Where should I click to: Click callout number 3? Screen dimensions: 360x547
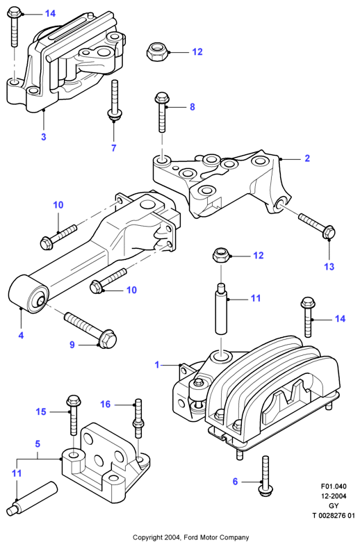pyautogui.click(x=44, y=137)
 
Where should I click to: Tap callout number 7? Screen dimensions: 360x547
pyautogui.click(x=114, y=148)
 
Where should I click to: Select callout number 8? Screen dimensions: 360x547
pyautogui.click(x=193, y=107)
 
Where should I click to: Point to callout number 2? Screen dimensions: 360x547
pyautogui.click(x=307, y=158)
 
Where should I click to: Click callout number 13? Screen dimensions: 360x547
pyautogui.click(x=329, y=266)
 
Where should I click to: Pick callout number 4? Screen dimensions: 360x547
pyautogui.click(x=21, y=335)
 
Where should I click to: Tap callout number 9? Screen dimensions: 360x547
pyautogui.click(x=72, y=345)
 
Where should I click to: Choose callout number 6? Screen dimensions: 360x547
pyautogui.click(x=235, y=482)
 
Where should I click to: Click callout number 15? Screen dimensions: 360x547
pyautogui.click(x=41, y=411)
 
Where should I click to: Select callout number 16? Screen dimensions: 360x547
pyautogui.click(x=106, y=405)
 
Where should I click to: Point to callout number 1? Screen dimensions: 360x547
pyautogui.click(x=157, y=365)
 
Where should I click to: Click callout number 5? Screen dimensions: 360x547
pyautogui.click(x=38, y=443)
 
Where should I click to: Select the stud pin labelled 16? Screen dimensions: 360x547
pyautogui.click(x=138, y=418)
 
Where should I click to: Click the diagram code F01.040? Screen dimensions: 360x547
pyautogui.click(x=334, y=487)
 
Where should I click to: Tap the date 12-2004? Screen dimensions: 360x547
pyautogui.click(x=334, y=496)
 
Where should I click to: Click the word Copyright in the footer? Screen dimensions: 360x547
pyautogui.click(x=147, y=537)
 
